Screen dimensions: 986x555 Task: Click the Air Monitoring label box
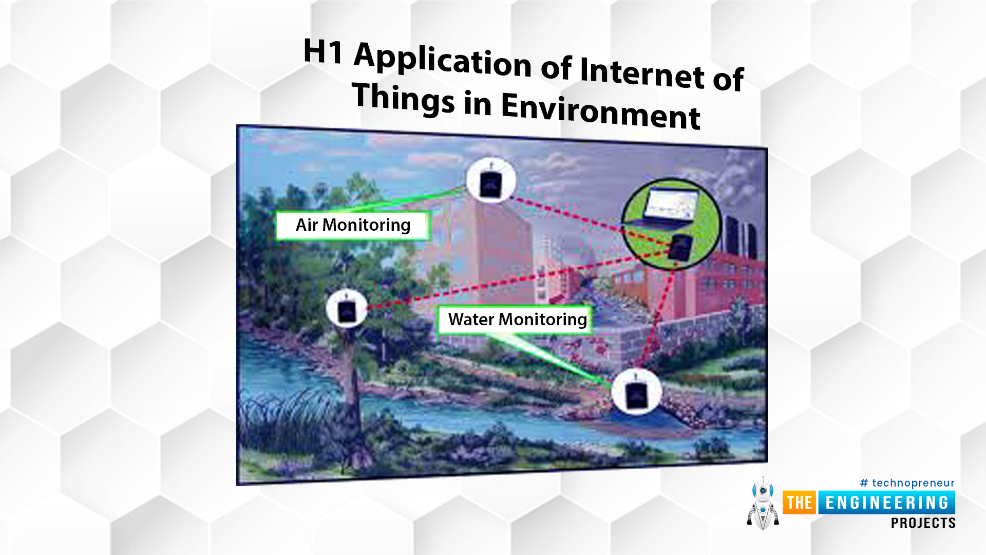353,226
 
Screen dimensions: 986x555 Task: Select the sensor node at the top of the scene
491,181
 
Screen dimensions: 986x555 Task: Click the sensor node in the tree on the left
347,309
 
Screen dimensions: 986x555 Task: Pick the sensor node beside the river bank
636,392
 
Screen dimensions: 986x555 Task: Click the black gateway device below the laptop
681,247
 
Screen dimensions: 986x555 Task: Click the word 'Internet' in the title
642,73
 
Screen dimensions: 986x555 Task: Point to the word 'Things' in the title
404,98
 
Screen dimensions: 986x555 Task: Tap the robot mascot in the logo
763,504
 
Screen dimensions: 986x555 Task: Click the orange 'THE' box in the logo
800,503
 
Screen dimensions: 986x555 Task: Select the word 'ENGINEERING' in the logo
887,503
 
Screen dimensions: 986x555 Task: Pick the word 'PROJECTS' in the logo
923,523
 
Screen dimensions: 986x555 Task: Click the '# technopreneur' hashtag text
907,483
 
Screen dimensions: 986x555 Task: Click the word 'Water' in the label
471,319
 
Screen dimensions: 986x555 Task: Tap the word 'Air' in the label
307,225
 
